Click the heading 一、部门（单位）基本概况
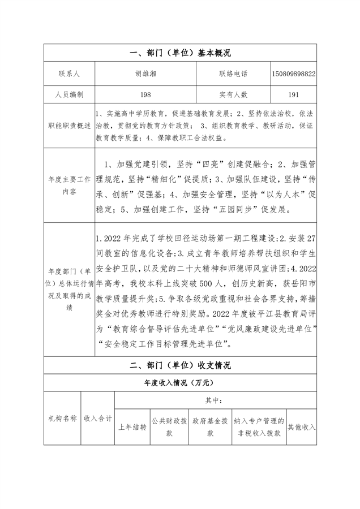tap(180, 53)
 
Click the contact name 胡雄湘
tap(147, 74)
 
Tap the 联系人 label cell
tap(70, 74)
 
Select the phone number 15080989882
tap(294, 74)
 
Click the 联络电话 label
tap(233, 74)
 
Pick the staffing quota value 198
tap(147, 95)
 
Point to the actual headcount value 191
tap(294, 95)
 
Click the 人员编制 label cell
tap(70, 95)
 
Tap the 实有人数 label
tap(233, 95)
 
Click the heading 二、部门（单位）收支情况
tap(180, 365)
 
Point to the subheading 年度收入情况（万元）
tap(180, 383)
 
